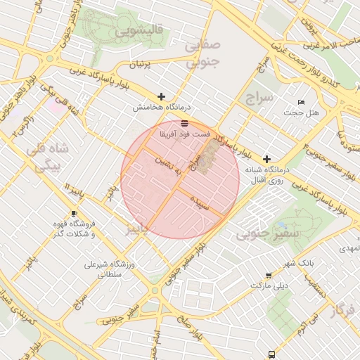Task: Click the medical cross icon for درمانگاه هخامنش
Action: coord(162,96)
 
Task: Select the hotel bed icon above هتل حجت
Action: coord(302,103)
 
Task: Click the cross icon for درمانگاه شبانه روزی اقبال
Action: coord(266,160)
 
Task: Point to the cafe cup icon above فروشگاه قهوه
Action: coord(75,214)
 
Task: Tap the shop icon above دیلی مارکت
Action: coord(269,276)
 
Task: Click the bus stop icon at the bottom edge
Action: coord(271,355)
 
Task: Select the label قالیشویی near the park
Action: coord(141,31)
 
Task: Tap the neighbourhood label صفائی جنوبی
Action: coord(202,53)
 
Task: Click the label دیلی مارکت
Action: coord(270,287)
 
